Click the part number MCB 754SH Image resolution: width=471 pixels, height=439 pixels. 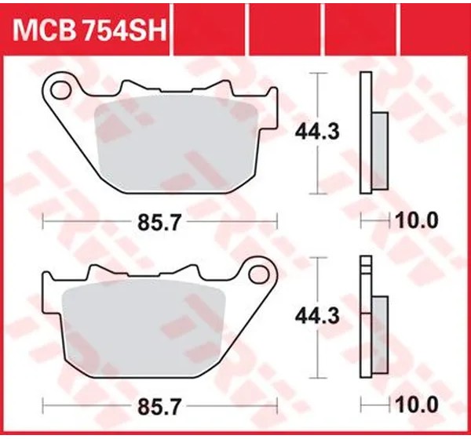(x=89, y=31)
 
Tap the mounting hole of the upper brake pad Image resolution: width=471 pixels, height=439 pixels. (x=61, y=89)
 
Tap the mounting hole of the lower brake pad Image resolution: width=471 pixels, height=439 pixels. (x=259, y=274)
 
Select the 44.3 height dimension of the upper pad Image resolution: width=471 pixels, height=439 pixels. (x=317, y=132)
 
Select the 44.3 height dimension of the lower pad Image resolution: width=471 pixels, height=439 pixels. (x=317, y=317)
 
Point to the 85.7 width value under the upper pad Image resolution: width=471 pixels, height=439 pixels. (x=159, y=223)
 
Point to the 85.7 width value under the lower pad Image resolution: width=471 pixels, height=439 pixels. (x=159, y=407)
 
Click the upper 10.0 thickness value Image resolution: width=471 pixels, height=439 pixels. (x=417, y=221)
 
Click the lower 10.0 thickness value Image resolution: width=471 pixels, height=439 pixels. (x=417, y=405)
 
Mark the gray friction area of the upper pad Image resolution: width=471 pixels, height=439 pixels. (x=177, y=146)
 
